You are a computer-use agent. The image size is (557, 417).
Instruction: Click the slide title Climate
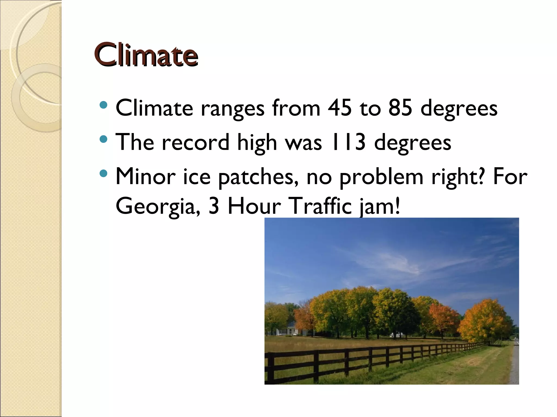point(146,55)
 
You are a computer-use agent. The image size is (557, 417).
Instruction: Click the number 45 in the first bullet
point(339,108)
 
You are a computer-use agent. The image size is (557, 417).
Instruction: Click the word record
point(196,142)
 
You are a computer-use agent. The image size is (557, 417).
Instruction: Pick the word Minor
point(146,176)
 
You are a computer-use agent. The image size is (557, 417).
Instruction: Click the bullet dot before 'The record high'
point(103,140)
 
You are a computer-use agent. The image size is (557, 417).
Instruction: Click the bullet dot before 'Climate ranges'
point(103,105)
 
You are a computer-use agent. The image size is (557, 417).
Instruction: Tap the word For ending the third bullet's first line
point(510,176)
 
